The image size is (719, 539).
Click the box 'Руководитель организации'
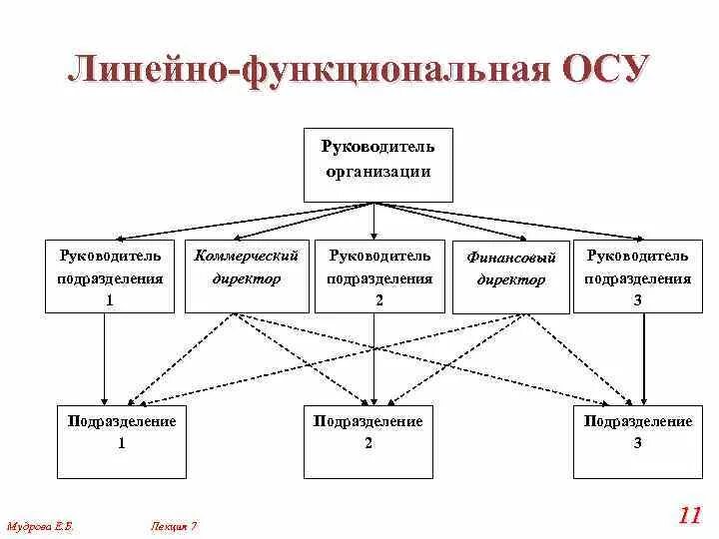[x=377, y=165]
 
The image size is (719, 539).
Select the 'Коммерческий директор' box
[x=246, y=275]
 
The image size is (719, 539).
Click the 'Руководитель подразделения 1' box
[x=110, y=275]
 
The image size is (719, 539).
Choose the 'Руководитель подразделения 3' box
[x=639, y=275]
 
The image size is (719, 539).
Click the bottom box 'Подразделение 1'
[x=121, y=440]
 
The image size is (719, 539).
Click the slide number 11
[x=689, y=516]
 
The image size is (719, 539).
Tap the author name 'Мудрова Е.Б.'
[x=41, y=524]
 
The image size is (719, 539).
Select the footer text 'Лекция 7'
[x=175, y=524]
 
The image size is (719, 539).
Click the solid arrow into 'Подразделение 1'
[x=105, y=359]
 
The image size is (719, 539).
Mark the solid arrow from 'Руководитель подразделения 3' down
[x=642, y=359]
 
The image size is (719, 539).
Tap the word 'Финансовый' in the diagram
[x=511, y=257]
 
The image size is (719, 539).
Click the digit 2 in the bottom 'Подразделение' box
[x=368, y=444]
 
